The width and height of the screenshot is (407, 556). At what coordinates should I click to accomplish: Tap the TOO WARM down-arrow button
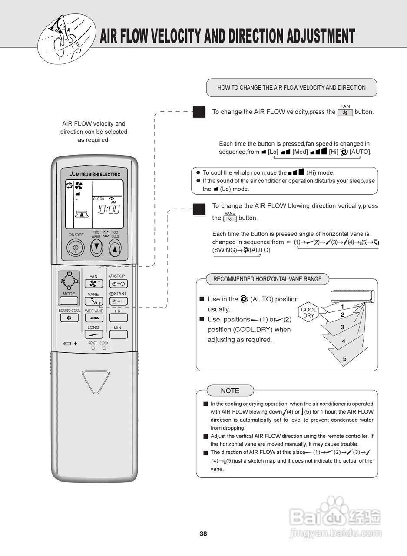96,248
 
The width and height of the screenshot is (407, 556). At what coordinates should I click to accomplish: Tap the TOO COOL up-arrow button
115,248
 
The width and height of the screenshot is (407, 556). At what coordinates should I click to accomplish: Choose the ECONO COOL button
69,318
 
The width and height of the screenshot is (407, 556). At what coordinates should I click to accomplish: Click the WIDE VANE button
94,318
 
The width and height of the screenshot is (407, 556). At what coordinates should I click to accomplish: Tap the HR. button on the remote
118,318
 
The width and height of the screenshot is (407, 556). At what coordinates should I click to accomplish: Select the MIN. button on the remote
118,334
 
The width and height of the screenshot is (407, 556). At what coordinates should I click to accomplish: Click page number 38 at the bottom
203,534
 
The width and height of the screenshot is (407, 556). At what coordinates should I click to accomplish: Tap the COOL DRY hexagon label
309,313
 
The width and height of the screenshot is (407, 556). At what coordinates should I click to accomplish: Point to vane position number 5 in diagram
344,359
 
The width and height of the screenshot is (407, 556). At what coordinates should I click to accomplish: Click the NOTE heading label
230,391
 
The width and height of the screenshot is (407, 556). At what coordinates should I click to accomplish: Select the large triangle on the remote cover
96,381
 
